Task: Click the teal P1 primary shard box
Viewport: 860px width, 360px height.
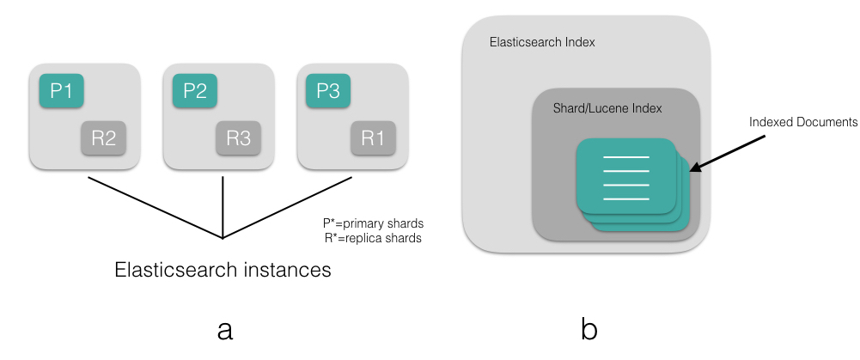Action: click(x=61, y=90)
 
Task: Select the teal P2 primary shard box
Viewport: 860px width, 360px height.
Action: click(x=195, y=90)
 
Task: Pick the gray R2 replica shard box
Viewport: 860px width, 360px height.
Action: click(x=104, y=137)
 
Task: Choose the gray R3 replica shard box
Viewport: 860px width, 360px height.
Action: click(x=238, y=137)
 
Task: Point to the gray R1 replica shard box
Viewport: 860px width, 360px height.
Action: click(x=372, y=137)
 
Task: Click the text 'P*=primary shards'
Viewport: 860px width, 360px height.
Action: click(x=366, y=222)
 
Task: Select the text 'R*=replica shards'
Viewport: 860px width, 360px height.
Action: click(x=366, y=238)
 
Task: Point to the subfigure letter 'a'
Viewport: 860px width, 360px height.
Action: click(x=225, y=329)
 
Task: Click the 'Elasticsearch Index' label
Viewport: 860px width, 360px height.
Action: click(x=541, y=42)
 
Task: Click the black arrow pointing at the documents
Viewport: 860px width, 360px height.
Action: click(x=727, y=149)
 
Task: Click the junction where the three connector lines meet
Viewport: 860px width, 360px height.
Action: click(x=223, y=238)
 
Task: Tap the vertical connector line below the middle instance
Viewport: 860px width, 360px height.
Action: click(x=223, y=206)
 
